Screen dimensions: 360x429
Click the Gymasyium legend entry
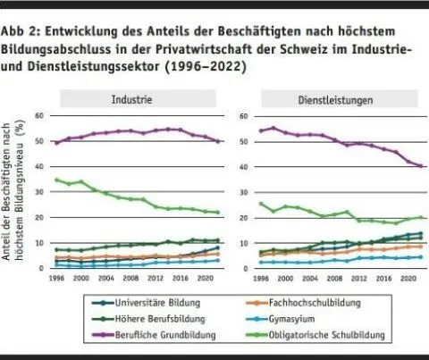click(x=285, y=317)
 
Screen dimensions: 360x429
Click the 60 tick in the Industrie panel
click(x=38, y=116)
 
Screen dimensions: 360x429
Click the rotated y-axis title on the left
click(x=19, y=191)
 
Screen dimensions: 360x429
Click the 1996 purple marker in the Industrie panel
click(x=56, y=143)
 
